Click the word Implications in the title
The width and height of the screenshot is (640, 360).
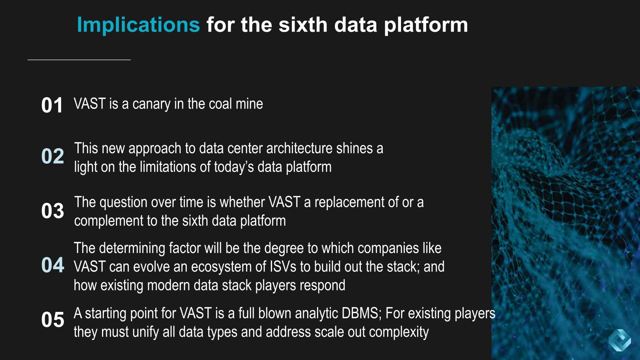click(x=138, y=25)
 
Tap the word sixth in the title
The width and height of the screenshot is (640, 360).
click(x=303, y=25)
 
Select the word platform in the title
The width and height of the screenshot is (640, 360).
click(x=426, y=25)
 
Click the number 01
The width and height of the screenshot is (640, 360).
click(x=52, y=105)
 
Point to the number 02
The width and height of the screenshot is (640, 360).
click(x=53, y=156)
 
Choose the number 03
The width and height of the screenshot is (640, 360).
click(x=53, y=211)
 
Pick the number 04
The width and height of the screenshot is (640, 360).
click(x=53, y=265)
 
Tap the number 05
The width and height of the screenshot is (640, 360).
click(x=53, y=319)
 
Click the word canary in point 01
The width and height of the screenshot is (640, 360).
click(x=152, y=104)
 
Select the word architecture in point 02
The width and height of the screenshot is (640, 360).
click(x=299, y=148)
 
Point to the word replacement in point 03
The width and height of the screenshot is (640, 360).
click(x=349, y=203)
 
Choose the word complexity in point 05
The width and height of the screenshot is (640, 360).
click(x=399, y=332)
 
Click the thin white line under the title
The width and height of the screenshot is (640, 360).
click(x=79, y=60)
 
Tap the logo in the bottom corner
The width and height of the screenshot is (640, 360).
click(x=620, y=340)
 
